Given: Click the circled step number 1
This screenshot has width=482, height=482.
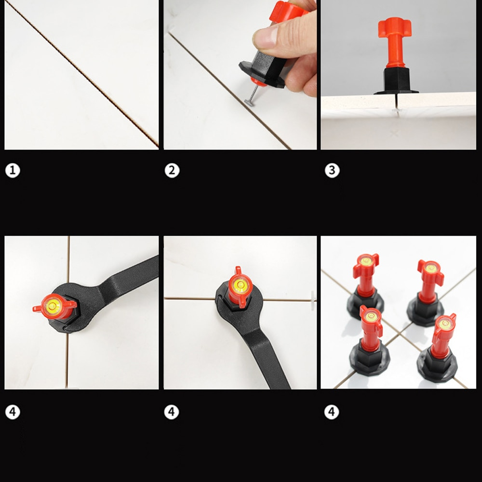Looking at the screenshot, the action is click(13, 170).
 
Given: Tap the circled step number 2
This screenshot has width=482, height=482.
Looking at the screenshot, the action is click(172, 170).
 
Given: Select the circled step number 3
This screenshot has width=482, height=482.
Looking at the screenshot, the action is click(332, 170).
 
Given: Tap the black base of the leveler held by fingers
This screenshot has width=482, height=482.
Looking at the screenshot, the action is click(261, 69).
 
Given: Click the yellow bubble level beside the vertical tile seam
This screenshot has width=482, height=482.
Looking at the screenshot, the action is click(52, 306).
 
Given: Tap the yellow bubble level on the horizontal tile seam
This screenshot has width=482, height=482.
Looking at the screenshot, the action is click(241, 285).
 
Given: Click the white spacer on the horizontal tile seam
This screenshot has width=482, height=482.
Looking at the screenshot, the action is click(313, 300).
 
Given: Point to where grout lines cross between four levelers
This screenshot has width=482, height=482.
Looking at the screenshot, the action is click(400, 333).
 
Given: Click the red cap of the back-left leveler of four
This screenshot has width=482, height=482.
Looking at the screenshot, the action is click(366, 270).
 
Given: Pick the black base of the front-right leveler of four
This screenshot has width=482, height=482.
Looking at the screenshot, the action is click(437, 365).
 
